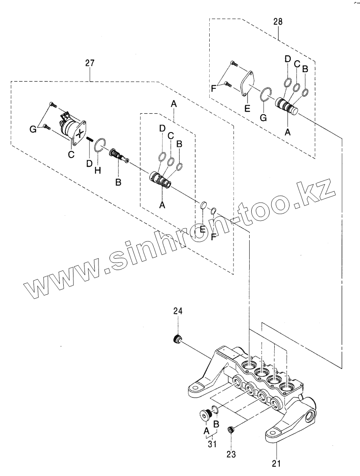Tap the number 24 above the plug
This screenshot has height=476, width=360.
pos(177,311)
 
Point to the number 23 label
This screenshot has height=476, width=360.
pos(231,454)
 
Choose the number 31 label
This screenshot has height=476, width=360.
pos(212,444)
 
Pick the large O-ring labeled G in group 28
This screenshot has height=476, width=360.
pos(265,94)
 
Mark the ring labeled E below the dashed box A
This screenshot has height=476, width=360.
pos(203,206)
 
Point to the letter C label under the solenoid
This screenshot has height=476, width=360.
pos(71,155)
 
